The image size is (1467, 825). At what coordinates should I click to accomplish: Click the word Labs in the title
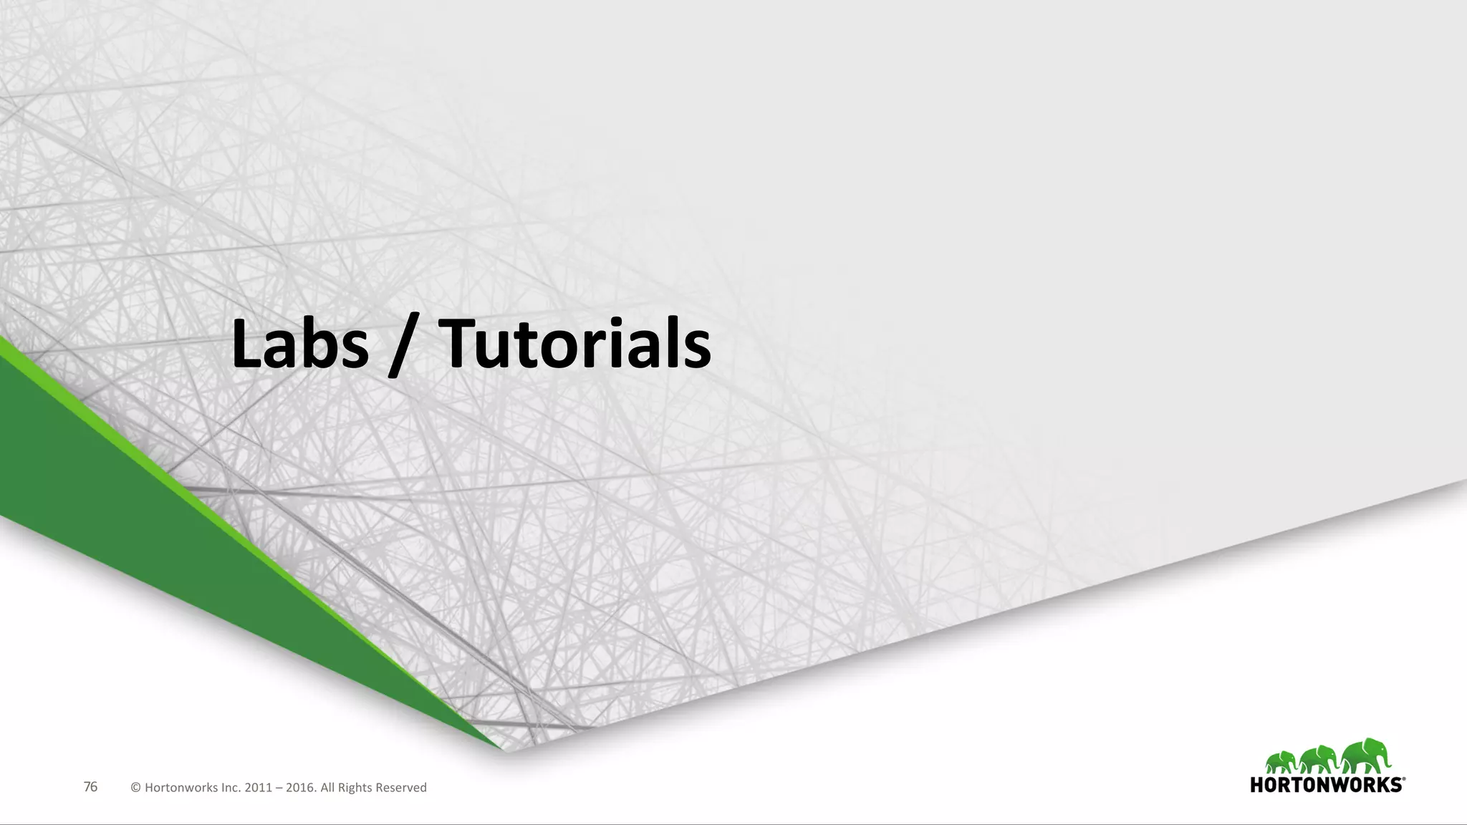pyautogui.click(x=299, y=345)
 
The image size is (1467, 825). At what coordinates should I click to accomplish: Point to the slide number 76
pyautogui.click(x=90, y=787)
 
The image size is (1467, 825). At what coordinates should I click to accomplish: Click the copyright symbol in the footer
pyautogui.click(x=135, y=788)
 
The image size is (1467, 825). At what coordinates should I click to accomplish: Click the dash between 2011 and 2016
pyautogui.click(x=279, y=788)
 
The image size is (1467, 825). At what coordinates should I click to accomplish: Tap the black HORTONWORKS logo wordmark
pyautogui.click(x=1326, y=785)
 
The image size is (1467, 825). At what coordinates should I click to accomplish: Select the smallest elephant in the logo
pyautogui.click(x=1281, y=763)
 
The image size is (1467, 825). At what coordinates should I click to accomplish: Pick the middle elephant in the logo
pyautogui.click(x=1319, y=761)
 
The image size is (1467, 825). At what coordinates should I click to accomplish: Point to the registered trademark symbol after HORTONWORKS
pyautogui.click(x=1404, y=778)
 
